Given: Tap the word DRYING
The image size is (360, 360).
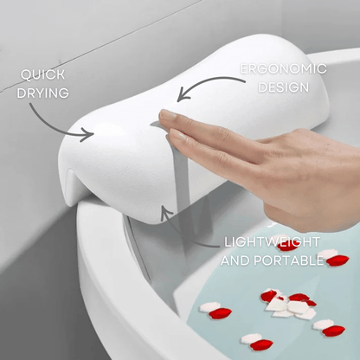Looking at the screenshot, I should coord(44,94).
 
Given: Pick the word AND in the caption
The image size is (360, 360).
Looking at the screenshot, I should coord(239,260).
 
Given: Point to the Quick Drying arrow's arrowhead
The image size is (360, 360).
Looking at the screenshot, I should coord(89,133).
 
